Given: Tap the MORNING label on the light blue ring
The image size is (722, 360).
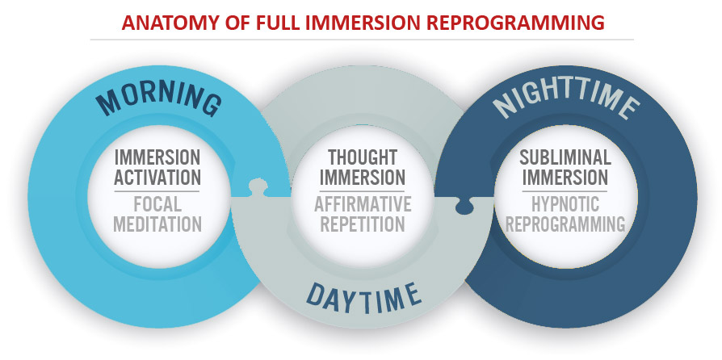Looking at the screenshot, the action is pos(159,99).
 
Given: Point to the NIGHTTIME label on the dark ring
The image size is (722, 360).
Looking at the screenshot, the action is pos(566,99).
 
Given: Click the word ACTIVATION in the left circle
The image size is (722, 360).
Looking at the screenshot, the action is pos(157,178).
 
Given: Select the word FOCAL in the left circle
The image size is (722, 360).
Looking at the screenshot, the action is pos(157,204).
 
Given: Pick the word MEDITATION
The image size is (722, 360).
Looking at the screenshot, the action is pos(157,224).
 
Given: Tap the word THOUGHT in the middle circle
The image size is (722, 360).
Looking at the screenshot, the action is pos(363,157).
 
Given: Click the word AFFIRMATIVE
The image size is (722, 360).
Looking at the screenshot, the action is pos(363,204).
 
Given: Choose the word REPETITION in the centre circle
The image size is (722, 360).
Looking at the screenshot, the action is pos(363,224).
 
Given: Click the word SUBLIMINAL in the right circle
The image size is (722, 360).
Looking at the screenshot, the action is pos(565,157).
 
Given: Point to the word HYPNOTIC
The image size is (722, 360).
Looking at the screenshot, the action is pos(565,204).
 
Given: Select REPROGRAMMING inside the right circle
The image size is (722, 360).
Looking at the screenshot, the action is pos(565,224).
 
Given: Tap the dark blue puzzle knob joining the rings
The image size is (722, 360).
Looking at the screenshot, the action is pos(465,206).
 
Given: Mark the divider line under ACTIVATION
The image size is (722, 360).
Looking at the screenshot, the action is pos(157,191).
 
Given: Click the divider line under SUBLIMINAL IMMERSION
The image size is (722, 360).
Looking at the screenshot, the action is pos(565,191).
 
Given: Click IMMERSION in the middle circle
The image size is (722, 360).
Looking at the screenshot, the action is pos(363,178).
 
